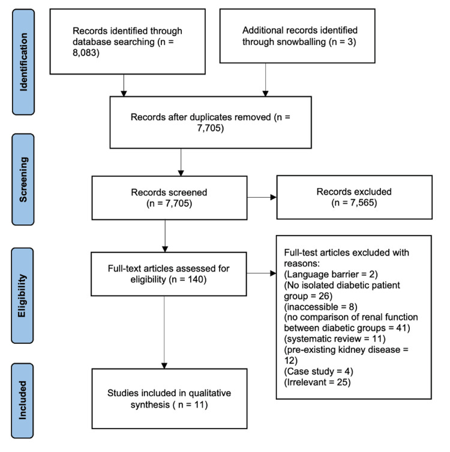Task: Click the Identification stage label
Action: pos(23,62)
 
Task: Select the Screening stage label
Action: pos(23,179)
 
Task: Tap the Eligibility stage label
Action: pos(22,296)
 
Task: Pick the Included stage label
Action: pos(22,400)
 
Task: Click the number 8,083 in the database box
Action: pos(86,53)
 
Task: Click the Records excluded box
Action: pos(355,197)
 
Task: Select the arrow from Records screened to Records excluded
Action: pos(262,198)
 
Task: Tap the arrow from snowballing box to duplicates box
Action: pos(265,80)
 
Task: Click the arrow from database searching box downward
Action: pos(124,85)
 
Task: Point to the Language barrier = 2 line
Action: pos(331,274)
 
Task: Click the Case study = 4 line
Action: pos(319,371)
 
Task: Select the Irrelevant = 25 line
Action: pos(317,382)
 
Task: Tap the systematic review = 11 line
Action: pos(335,339)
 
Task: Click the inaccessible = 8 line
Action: pos(320,307)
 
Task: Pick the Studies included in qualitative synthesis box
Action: pos(169,399)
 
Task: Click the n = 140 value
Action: pos(188,279)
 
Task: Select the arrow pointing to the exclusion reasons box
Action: pos(262,273)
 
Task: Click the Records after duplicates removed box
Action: pos(211,123)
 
